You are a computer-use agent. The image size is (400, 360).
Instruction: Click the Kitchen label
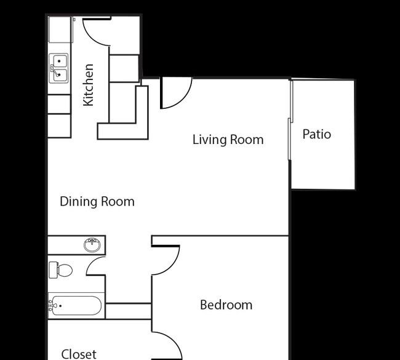click(x=89, y=85)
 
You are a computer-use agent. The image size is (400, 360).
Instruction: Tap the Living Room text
click(x=228, y=140)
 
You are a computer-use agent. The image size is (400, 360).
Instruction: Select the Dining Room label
click(x=97, y=202)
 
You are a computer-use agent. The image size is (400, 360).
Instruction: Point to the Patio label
click(x=316, y=134)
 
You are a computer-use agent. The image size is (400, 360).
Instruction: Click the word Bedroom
click(x=226, y=305)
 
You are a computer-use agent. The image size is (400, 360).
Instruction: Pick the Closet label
click(x=79, y=354)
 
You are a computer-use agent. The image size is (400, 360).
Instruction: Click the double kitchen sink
click(x=59, y=68)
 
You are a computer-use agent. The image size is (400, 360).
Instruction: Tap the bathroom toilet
click(x=61, y=270)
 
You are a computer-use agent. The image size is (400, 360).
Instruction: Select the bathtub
click(x=75, y=305)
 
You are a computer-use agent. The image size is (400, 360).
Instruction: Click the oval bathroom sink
click(x=92, y=245)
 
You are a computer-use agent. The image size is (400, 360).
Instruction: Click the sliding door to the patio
click(x=290, y=120)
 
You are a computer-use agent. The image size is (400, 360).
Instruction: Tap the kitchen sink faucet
click(x=54, y=70)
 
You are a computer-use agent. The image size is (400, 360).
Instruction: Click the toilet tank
click(x=53, y=270)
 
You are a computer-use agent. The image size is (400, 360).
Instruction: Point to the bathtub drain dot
click(x=60, y=306)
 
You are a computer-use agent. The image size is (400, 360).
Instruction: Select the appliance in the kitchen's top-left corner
click(x=60, y=30)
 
